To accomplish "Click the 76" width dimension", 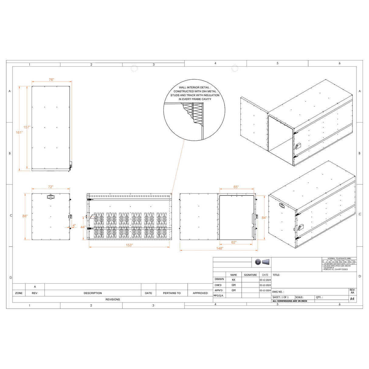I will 51,80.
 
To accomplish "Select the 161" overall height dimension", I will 19,133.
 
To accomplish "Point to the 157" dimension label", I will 27,127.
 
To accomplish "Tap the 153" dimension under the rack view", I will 129,245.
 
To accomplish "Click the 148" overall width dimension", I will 219,249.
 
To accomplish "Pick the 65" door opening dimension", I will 236,187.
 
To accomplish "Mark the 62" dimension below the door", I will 234,242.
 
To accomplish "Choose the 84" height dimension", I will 264,218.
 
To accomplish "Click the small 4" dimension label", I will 74,226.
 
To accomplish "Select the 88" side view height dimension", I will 25,216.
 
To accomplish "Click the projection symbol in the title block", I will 262,262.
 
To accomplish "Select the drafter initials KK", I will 233,280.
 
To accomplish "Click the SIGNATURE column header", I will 250,275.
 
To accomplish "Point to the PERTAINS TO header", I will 171,293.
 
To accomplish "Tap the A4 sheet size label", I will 352,299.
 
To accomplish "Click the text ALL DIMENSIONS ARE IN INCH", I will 290,301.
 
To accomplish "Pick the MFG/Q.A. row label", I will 219,295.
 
